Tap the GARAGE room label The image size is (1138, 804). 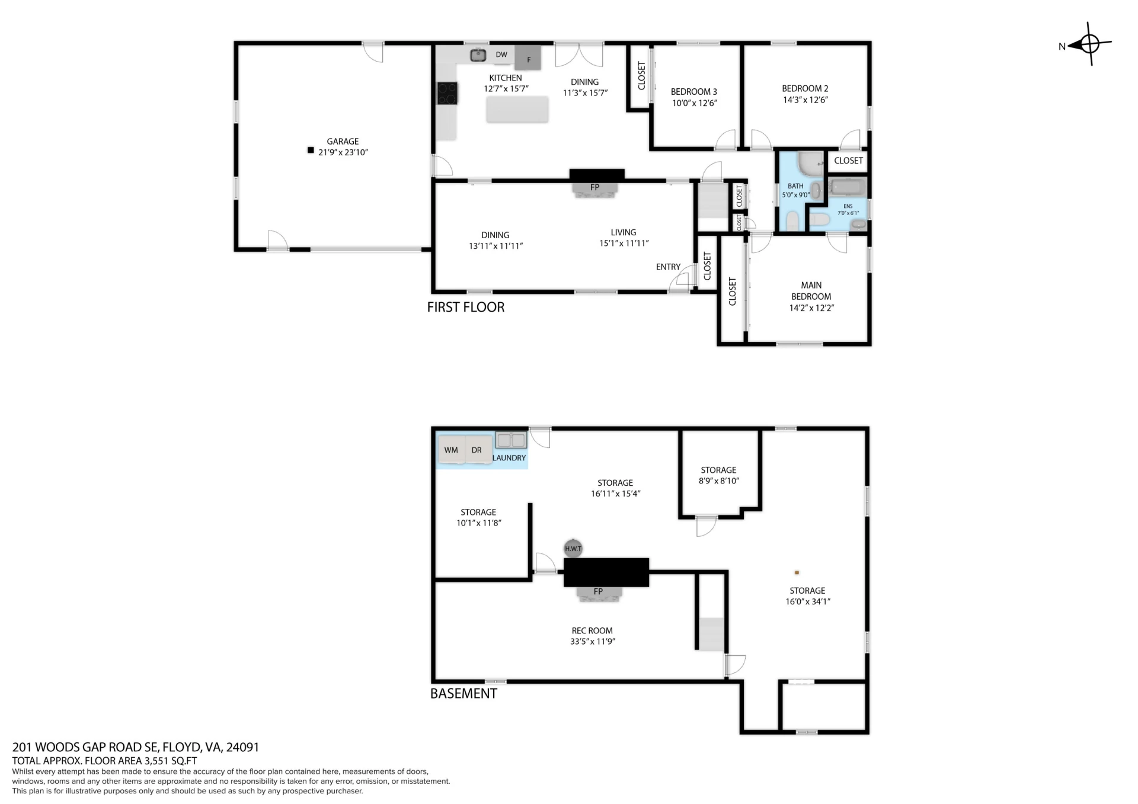click(343, 142)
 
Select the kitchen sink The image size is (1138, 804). click(478, 55)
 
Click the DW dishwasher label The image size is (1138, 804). click(501, 55)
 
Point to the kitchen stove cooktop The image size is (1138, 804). click(447, 93)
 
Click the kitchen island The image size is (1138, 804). click(517, 110)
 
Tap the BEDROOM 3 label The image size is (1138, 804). click(694, 92)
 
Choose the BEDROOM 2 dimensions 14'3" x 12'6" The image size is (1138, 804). click(805, 100)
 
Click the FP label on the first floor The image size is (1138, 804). click(595, 187)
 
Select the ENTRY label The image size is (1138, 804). click(668, 267)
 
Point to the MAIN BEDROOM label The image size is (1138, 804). click(811, 291)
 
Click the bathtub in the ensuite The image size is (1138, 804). click(848, 188)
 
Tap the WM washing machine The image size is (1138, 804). click(451, 450)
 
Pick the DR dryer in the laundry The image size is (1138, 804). click(478, 450)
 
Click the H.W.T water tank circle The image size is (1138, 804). click(573, 549)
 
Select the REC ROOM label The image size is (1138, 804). click(592, 631)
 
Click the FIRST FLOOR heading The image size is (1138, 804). click(466, 307)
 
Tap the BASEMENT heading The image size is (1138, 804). click(463, 694)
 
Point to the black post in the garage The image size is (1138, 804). click(311, 150)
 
